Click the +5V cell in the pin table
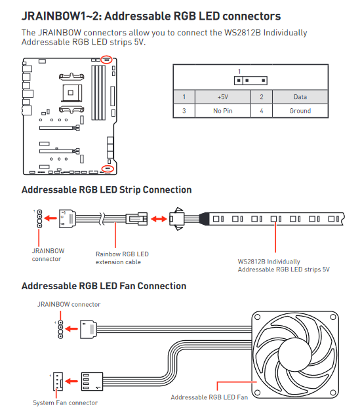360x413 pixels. (x=223, y=97)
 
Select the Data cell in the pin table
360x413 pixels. (x=300, y=97)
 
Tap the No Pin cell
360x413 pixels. (x=223, y=111)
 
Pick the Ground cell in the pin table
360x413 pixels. (x=300, y=111)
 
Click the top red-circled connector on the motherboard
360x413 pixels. (x=107, y=60)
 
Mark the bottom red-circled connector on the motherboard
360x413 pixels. (x=108, y=168)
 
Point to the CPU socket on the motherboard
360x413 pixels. (x=71, y=92)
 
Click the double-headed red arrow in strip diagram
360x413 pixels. (x=159, y=218)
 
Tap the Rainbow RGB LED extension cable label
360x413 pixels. (x=122, y=258)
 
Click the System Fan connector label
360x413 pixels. (x=65, y=403)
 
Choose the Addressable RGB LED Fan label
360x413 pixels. (x=209, y=397)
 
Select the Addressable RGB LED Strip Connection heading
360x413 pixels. (x=106, y=190)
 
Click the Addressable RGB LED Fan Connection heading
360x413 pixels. (x=104, y=286)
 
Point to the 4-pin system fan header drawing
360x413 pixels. (x=58, y=382)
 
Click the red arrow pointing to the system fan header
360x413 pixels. (x=71, y=381)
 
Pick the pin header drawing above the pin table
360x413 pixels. (x=250, y=81)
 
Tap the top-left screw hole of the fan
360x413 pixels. (x=257, y=317)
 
